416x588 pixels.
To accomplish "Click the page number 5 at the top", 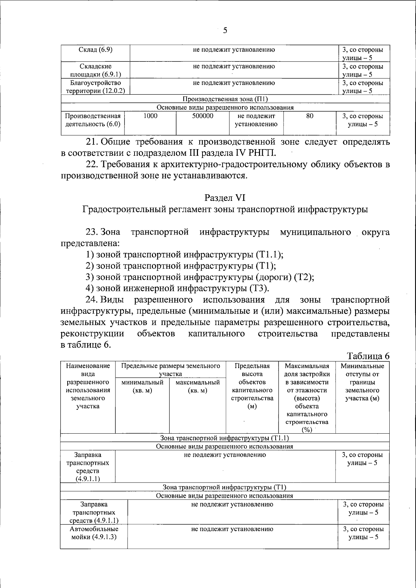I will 225,31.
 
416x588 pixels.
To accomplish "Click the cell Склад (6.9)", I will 95,50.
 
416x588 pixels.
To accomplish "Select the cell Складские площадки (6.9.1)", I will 95,70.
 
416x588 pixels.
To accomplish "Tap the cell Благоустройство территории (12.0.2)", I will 95,87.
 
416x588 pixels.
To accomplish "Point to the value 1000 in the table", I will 150,116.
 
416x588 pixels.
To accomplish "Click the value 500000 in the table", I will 202,116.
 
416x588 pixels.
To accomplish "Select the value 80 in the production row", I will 310,116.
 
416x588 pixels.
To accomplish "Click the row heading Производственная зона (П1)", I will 225,100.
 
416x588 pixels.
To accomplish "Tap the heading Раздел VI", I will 225,198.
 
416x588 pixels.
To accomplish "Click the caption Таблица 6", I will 368,356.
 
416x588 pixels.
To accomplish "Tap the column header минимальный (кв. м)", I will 142,386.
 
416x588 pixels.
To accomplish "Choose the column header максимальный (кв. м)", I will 198,386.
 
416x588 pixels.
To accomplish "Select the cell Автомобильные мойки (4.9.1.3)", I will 94,533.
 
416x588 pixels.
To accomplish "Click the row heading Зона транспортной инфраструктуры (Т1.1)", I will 225,438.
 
